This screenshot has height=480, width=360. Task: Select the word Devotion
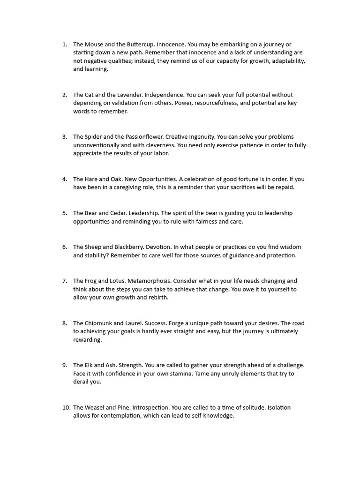click(x=158, y=247)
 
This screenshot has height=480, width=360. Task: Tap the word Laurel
click(x=133, y=323)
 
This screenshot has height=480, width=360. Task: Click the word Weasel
click(x=96, y=407)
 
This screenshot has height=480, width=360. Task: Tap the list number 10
click(x=66, y=407)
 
